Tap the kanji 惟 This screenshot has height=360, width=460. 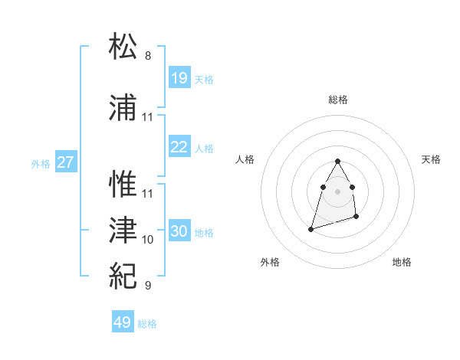click(x=124, y=184)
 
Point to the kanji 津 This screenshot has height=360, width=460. click(x=124, y=229)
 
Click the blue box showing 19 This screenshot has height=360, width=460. click(x=179, y=78)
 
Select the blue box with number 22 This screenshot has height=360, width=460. click(x=179, y=147)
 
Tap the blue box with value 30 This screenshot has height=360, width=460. click(x=179, y=231)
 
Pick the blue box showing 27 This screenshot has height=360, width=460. click(x=65, y=162)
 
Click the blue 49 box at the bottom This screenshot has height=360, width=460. click(x=122, y=322)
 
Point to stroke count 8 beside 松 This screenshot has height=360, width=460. click(x=148, y=56)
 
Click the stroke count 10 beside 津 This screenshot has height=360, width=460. click(x=148, y=240)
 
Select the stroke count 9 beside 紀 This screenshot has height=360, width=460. click(x=148, y=286)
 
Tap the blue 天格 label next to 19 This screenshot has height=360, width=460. click(x=204, y=79)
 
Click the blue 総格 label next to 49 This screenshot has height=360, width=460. click(x=147, y=324)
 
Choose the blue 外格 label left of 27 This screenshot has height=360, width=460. click(x=41, y=163)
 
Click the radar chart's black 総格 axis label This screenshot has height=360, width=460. click(x=338, y=100)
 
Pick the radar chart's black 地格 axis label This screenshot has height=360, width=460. click(x=402, y=263)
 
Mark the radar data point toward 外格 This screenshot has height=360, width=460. click(x=310, y=228)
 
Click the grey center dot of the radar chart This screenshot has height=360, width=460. click(x=337, y=189)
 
